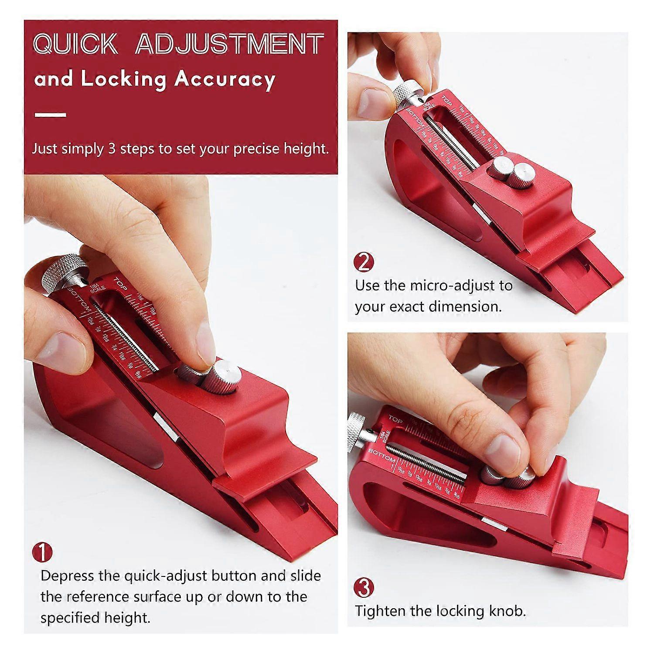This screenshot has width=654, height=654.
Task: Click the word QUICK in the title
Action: [x=75, y=44]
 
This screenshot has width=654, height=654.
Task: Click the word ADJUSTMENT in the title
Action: [x=229, y=44]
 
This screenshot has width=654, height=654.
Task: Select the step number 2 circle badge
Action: [x=364, y=262]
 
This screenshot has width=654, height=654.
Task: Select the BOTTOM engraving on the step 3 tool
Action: [x=382, y=455]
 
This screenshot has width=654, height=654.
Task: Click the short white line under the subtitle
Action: [x=50, y=115]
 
